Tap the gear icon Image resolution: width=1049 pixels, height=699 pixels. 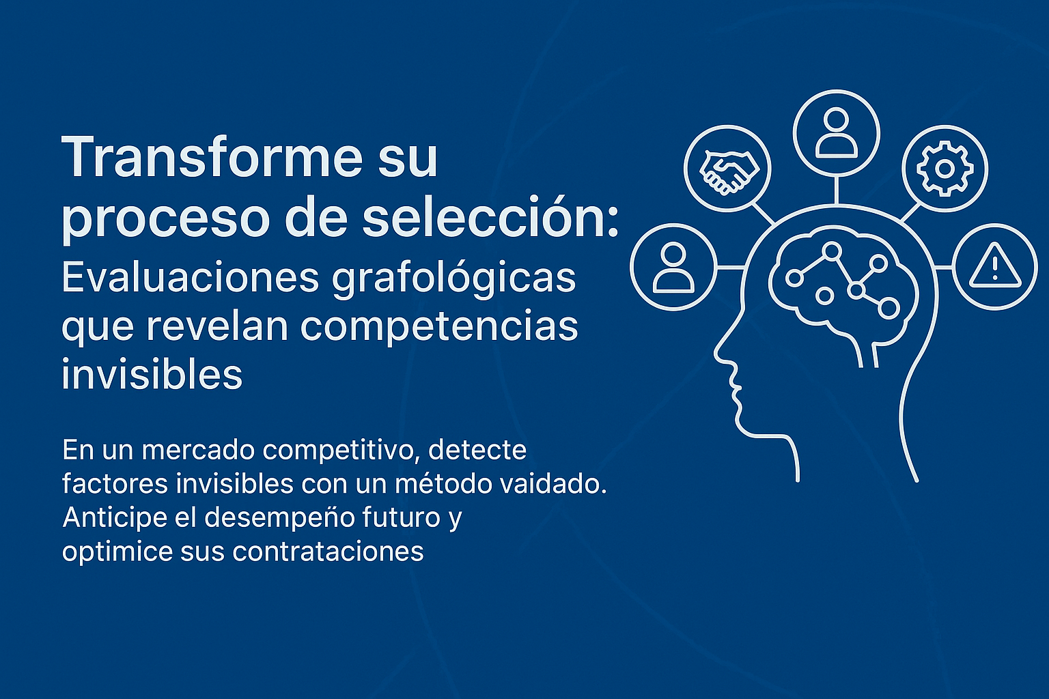point(945,169)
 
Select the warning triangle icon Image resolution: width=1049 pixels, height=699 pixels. point(994,266)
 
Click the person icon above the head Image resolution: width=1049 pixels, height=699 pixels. point(837,133)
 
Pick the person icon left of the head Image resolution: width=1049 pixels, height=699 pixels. point(673,268)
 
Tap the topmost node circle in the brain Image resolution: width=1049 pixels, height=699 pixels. point(832,251)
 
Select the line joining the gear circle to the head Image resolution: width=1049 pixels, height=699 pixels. point(911,212)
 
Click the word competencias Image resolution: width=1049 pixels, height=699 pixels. point(439,328)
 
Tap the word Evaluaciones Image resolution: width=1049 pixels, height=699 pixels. point(191,278)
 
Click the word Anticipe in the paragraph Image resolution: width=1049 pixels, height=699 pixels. point(115,518)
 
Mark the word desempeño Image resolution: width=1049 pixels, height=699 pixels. point(279,518)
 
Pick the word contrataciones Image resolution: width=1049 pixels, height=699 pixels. point(328,552)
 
